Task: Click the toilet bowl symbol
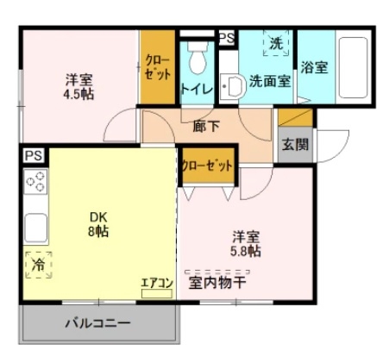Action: click(198, 58)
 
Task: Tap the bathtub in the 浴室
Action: click(353, 67)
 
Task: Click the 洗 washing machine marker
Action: click(276, 43)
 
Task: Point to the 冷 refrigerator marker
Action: click(39, 265)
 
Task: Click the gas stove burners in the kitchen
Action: click(35, 182)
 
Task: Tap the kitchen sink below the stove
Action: click(35, 228)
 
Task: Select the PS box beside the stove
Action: click(34, 156)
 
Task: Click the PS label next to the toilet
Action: click(227, 38)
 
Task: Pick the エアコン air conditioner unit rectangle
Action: click(157, 293)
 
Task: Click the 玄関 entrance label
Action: click(295, 144)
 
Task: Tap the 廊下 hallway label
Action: click(206, 126)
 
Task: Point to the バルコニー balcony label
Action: click(97, 323)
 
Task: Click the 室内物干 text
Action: click(217, 283)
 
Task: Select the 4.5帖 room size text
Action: click(78, 94)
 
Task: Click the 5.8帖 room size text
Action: click(246, 251)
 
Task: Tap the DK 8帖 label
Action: click(98, 224)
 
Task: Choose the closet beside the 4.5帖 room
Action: click(158, 67)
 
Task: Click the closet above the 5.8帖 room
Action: click(209, 166)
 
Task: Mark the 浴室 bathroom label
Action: click(314, 67)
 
